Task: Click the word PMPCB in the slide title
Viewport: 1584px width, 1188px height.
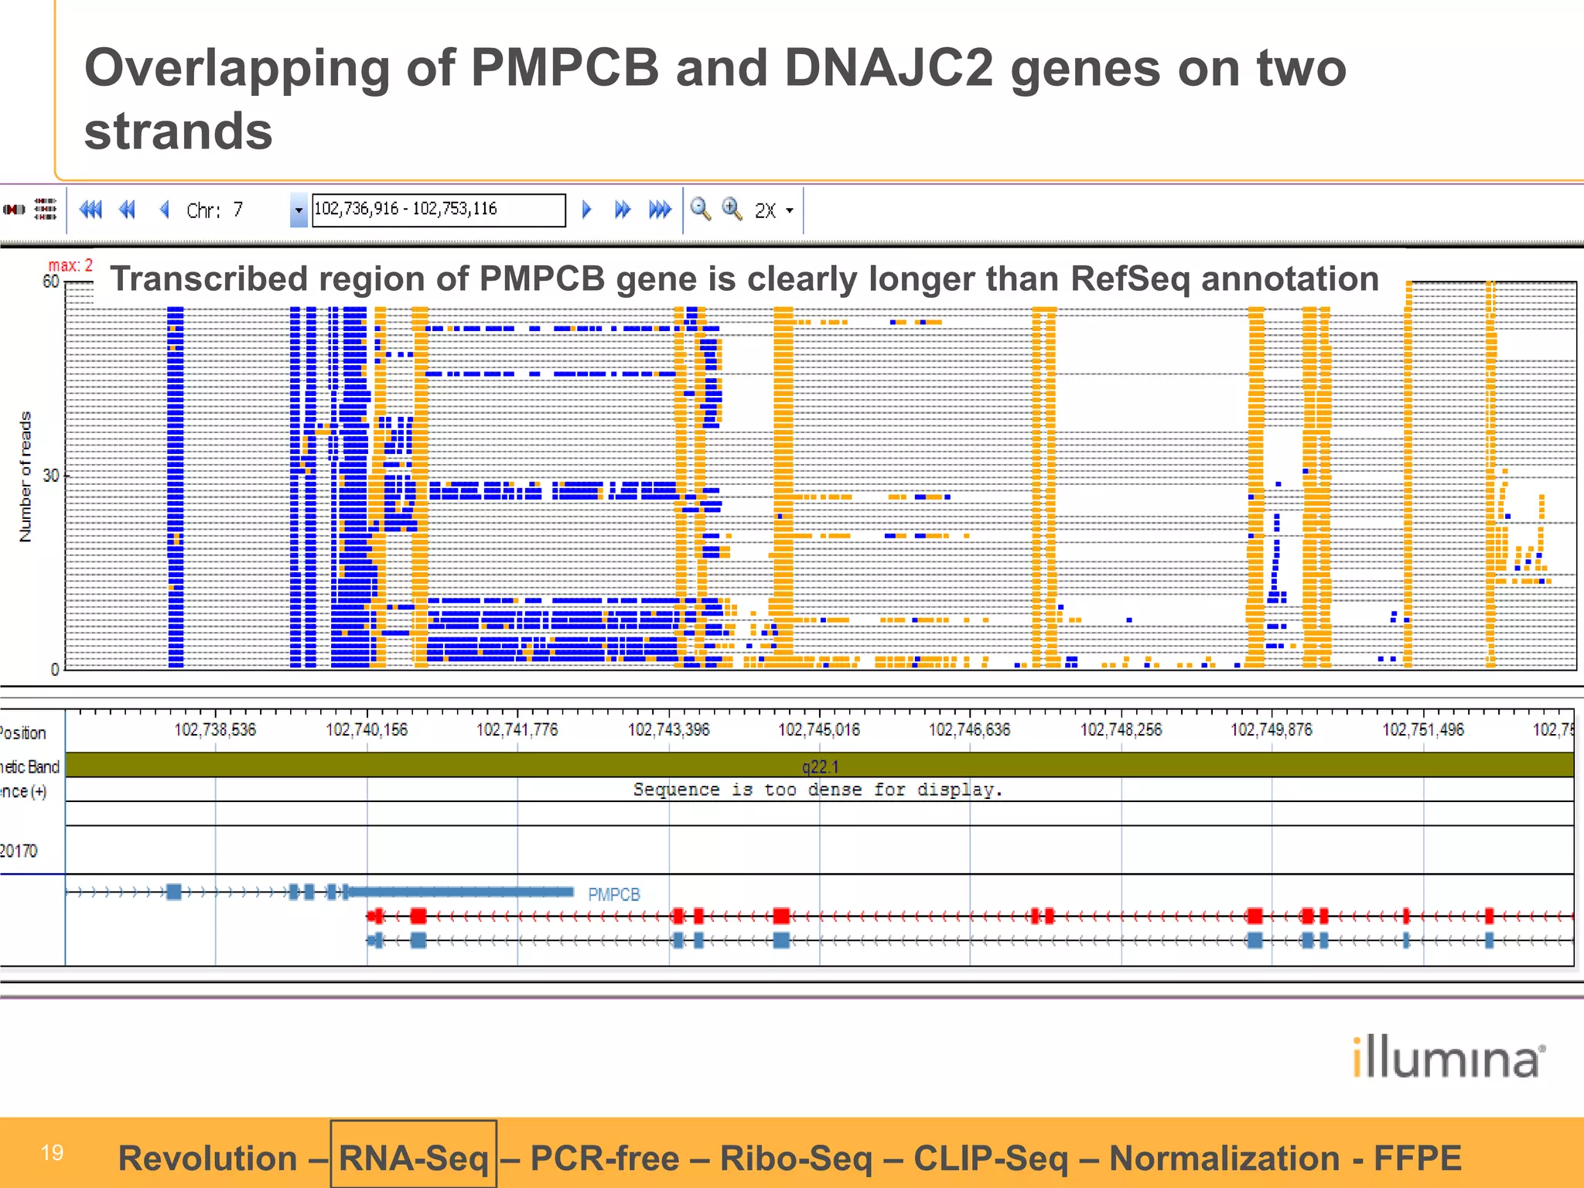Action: (x=565, y=68)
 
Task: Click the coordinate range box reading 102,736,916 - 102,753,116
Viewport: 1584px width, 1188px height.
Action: (x=438, y=210)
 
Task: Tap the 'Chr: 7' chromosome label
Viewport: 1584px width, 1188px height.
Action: (x=214, y=210)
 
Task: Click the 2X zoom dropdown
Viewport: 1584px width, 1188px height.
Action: (x=774, y=210)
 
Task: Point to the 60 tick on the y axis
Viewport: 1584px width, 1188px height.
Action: (x=51, y=282)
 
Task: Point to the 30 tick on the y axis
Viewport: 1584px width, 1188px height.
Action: (x=51, y=475)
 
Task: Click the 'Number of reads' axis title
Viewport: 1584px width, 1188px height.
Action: (x=26, y=476)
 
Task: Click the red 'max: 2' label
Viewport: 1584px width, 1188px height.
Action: (x=70, y=265)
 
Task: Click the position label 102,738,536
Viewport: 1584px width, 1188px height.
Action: (x=215, y=729)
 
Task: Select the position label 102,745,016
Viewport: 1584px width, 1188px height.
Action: (x=819, y=729)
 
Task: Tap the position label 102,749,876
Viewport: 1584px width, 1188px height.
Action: (x=1272, y=729)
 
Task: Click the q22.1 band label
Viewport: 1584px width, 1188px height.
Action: (x=820, y=766)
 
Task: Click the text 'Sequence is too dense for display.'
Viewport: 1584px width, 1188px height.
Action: (x=818, y=790)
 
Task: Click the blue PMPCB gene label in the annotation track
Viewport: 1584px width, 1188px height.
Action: (x=614, y=894)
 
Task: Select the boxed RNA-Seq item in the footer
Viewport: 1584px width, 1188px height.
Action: (x=414, y=1158)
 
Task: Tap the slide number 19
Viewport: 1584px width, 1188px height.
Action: (x=52, y=1152)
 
